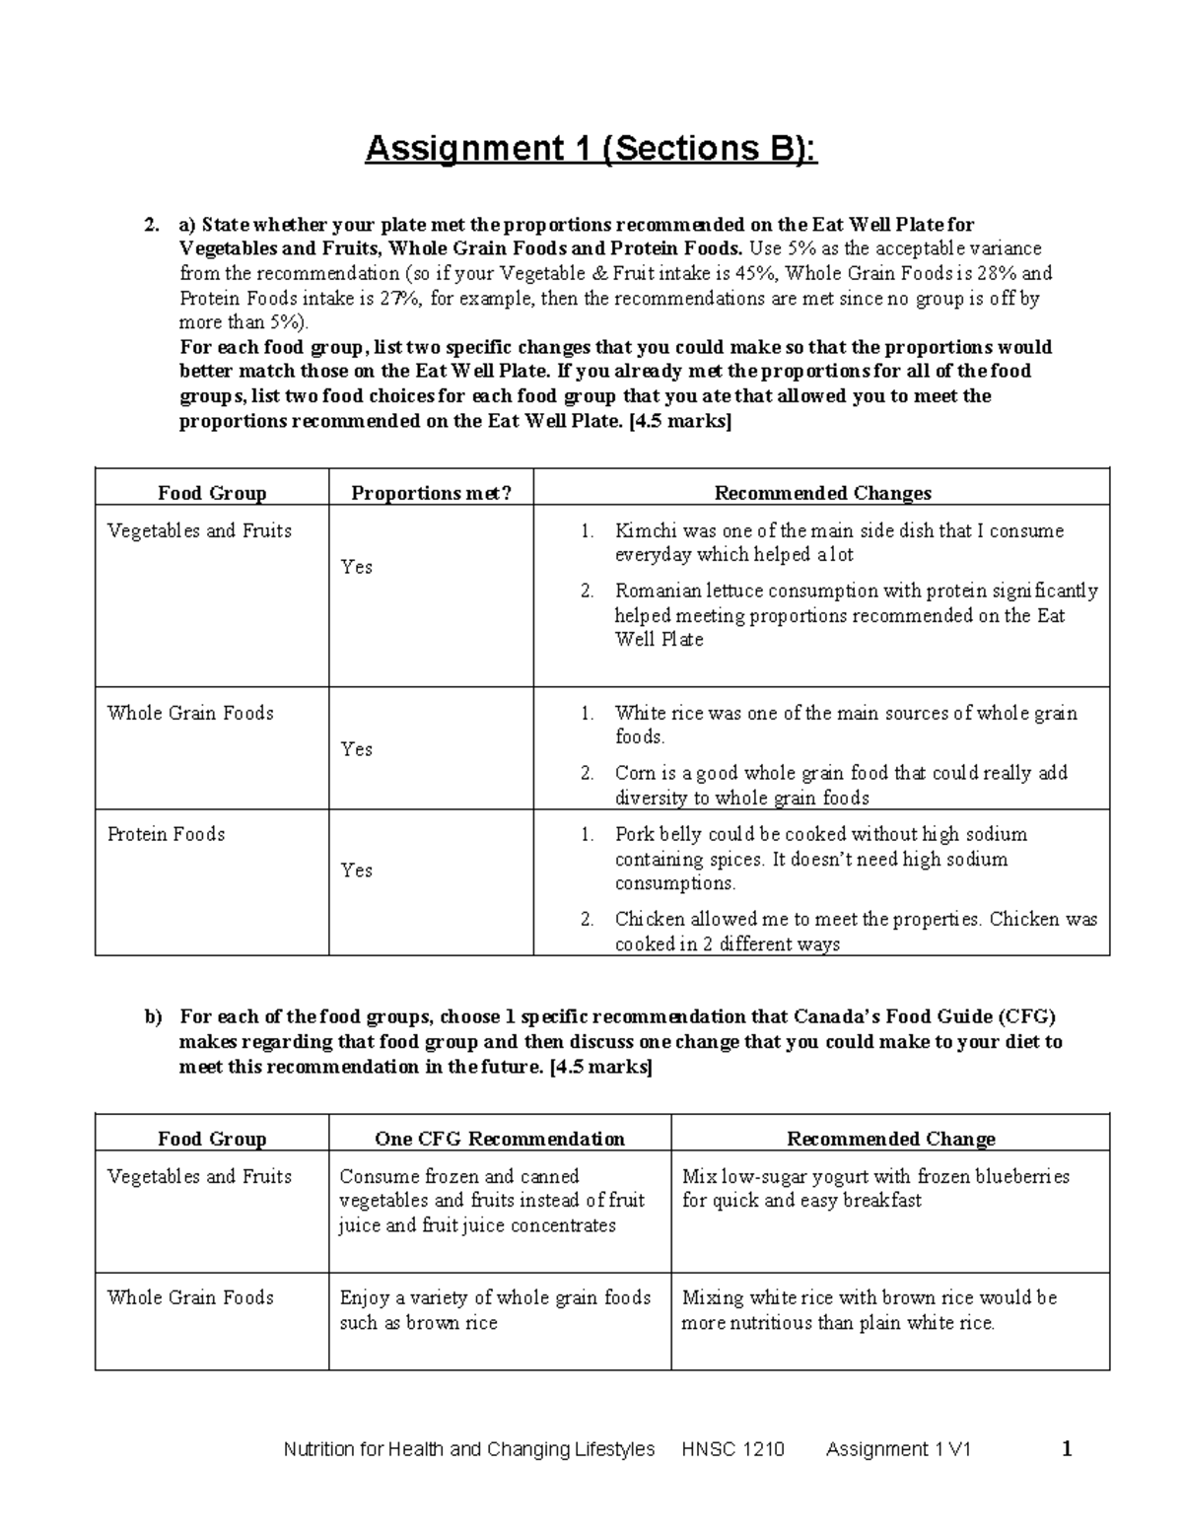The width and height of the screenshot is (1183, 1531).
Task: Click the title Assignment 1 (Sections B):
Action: click(x=591, y=149)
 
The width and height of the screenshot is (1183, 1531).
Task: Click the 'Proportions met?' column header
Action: click(x=431, y=493)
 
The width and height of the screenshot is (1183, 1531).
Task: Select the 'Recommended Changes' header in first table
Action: click(x=822, y=493)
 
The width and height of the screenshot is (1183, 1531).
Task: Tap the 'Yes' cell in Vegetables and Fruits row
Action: click(x=356, y=567)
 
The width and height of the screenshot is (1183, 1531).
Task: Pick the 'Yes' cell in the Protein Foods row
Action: click(x=356, y=870)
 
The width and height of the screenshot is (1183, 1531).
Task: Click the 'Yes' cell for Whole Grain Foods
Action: click(x=356, y=749)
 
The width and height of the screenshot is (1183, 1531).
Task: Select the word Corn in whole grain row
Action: click(x=635, y=773)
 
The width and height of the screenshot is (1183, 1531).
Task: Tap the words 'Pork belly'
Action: click(x=659, y=835)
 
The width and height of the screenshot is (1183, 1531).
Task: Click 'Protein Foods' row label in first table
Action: click(x=166, y=835)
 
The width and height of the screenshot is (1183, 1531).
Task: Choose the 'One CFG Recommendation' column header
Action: click(x=499, y=1139)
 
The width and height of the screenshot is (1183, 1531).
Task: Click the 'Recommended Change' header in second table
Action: click(x=890, y=1139)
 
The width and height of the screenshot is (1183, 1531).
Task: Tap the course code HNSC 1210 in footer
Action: click(x=732, y=1449)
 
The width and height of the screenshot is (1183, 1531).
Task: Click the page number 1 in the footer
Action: click(x=1067, y=1448)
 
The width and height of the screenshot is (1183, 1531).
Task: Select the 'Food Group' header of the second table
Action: click(x=212, y=1139)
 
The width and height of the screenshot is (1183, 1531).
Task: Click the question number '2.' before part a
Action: click(x=151, y=225)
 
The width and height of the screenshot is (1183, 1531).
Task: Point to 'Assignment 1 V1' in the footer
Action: click(x=898, y=1449)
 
